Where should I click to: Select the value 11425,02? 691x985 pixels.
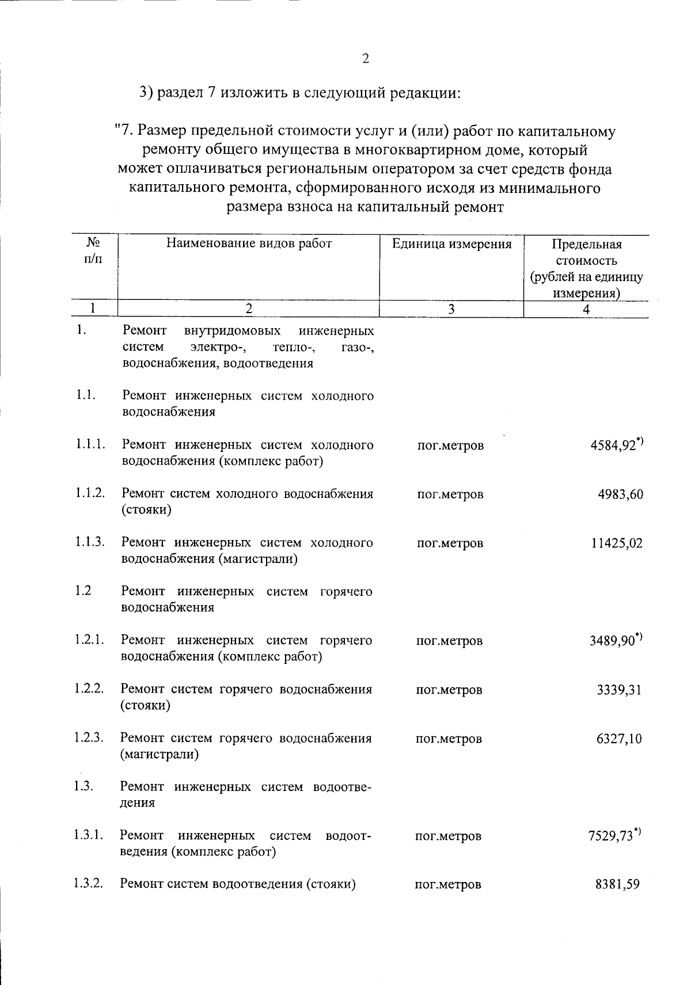617,543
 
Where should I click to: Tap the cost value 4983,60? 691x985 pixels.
620,494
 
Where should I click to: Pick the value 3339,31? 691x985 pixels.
619,689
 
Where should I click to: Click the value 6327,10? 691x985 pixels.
619,738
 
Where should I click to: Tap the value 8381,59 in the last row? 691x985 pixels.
618,884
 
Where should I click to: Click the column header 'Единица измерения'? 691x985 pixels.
451,244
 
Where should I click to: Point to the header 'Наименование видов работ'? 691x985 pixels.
249,244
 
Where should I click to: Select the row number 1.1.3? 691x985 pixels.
89,542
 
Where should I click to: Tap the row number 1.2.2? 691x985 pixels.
89,689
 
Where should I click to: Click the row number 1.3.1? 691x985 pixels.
88,835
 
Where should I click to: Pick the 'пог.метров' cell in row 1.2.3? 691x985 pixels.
449,739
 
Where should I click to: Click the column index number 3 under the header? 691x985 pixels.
451,309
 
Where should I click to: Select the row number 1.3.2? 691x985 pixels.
88,884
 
